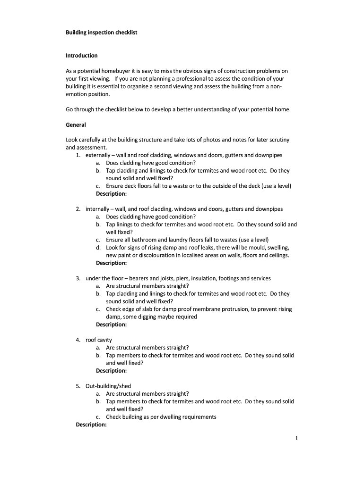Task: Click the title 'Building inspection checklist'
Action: (101, 33)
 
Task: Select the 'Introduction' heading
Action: (81, 56)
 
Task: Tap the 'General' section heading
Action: (76, 125)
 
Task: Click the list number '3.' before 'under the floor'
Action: (78, 278)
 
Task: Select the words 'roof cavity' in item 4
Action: (99, 340)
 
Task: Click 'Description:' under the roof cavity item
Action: (111, 371)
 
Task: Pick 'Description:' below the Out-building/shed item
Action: (91, 425)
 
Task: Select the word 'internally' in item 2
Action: (98, 209)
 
